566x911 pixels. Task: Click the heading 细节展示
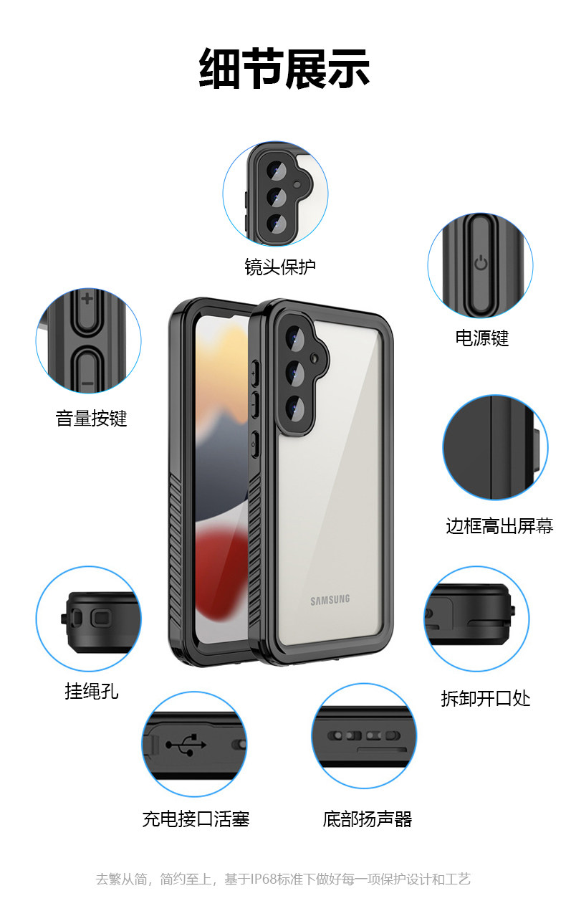[x=284, y=70]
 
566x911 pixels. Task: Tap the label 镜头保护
[x=279, y=267]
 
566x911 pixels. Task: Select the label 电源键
[x=481, y=338]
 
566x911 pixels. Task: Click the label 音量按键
[x=91, y=418]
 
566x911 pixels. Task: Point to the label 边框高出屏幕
[x=499, y=525]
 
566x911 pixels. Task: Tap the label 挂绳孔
[x=91, y=691]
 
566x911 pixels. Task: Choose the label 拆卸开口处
[x=485, y=698]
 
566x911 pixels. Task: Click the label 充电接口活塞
[x=195, y=819]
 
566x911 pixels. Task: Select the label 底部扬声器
[x=367, y=819]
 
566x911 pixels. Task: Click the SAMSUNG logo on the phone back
[x=330, y=600]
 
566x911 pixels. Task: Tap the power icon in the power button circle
[x=481, y=263]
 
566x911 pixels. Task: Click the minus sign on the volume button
[x=87, y=384]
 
